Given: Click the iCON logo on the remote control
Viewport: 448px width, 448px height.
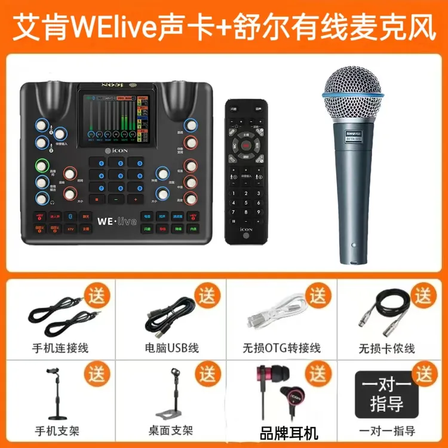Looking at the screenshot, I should [x=247, y=227].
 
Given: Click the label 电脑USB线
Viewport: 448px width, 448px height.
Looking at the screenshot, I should [x=171, y=348].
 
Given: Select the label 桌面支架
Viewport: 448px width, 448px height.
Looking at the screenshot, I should [x=171, y=431].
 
